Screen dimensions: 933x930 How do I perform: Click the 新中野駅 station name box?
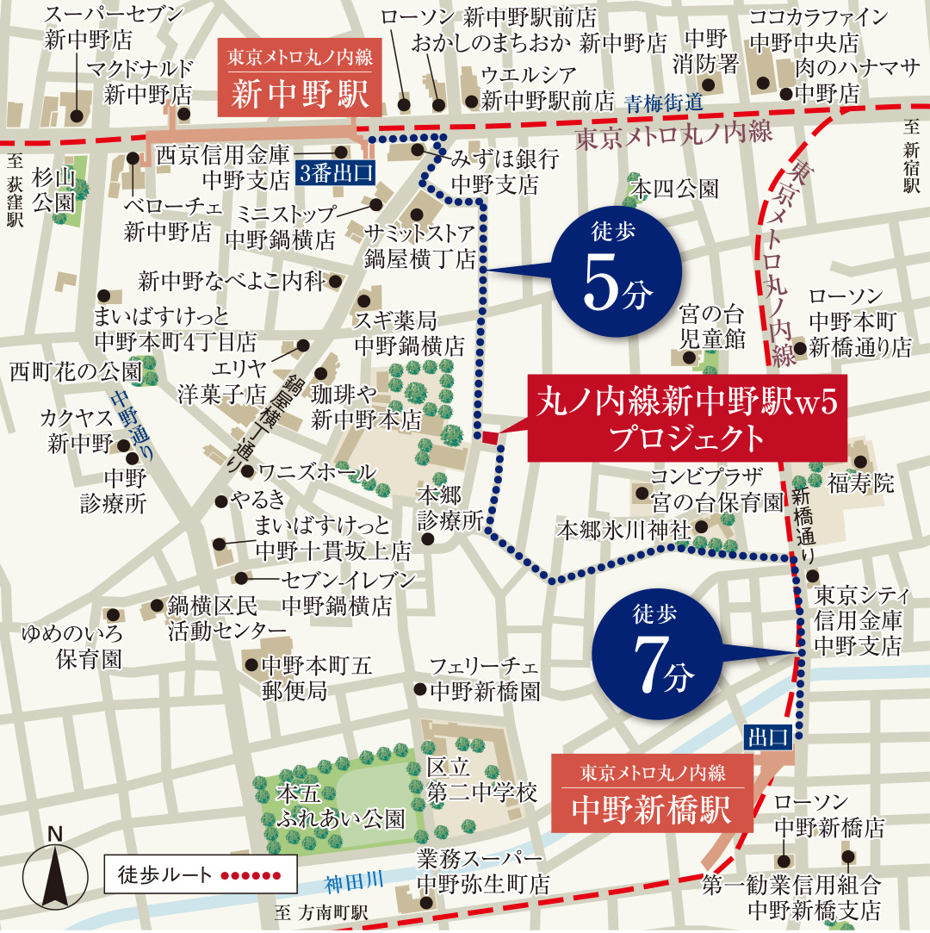click(x=300, y=78)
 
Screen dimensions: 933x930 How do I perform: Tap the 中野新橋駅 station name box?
click(x=652, y=791)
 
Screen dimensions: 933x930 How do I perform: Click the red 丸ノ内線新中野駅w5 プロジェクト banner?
click(x=686, y=419)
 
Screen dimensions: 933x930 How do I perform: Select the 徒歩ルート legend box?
click(x=200, y=875)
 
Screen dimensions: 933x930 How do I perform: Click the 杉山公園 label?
click(x=53, y=190)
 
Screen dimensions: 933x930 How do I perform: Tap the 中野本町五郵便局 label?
click(x=317, y=677)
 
